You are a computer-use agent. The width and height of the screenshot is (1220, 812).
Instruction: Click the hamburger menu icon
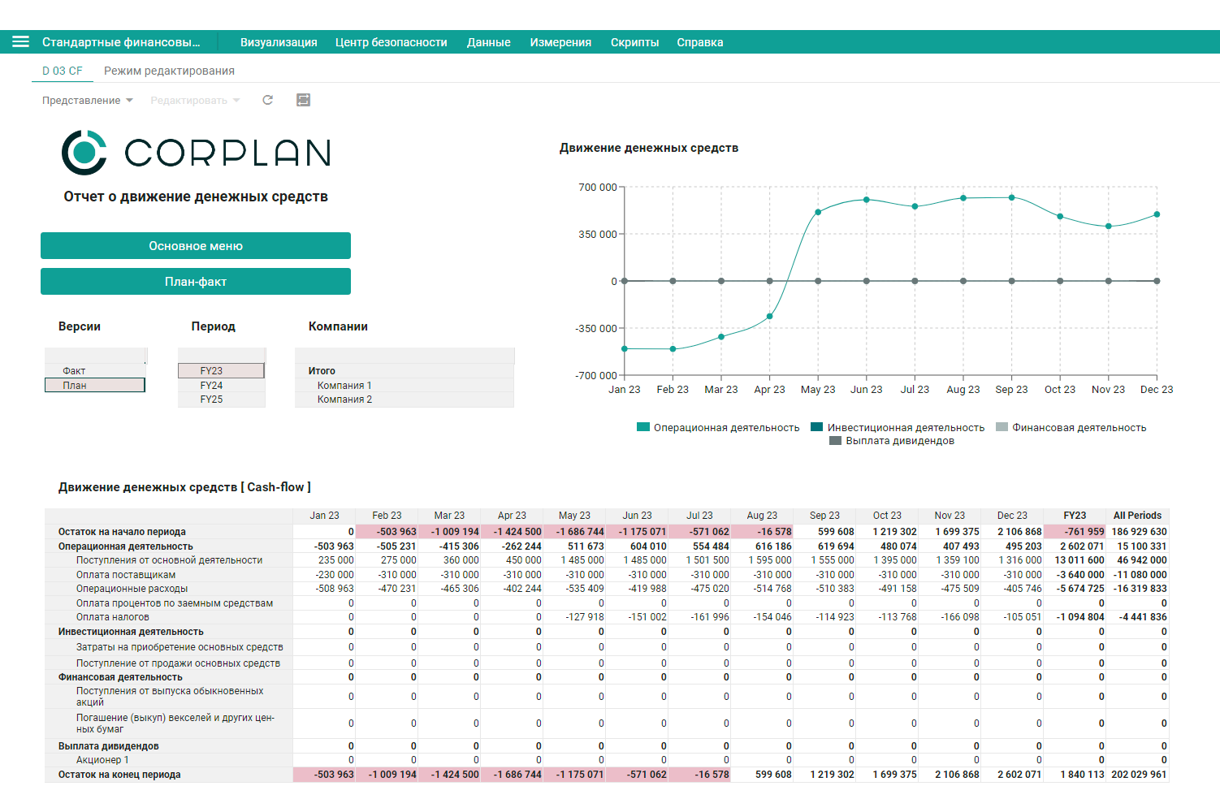coord(20,42)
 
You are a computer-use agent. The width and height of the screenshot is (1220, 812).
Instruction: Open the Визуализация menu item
coord(279,42)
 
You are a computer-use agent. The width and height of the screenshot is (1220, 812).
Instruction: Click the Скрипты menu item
coord(634,42)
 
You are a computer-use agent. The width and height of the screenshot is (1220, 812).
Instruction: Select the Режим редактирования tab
coord(169,71)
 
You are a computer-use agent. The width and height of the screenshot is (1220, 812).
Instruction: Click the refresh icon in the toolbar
coord(267,100)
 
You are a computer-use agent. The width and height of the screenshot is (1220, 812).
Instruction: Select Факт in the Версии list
coord(74,371)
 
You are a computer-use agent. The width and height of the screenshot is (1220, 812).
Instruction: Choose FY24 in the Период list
coord(211,386)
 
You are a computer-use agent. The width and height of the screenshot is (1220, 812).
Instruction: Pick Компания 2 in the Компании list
coord(344,400)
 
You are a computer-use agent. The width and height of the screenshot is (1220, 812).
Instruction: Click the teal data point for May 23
coord(818,212)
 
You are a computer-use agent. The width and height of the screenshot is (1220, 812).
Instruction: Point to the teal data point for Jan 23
coord(625,348)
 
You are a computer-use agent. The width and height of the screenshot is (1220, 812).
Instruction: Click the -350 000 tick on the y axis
coord(596,328)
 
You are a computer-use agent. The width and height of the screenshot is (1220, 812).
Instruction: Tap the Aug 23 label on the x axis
coord(963,390)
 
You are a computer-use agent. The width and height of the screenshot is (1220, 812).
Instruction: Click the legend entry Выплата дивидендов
coord(892,441)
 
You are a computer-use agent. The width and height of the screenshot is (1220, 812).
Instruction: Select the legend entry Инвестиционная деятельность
coord(898,427)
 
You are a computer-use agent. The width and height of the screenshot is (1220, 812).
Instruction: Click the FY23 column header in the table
coord(1075,515)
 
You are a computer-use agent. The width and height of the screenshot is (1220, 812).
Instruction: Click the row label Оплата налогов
coord(113,617)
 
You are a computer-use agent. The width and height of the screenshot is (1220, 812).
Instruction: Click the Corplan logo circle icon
coord(84,153)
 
